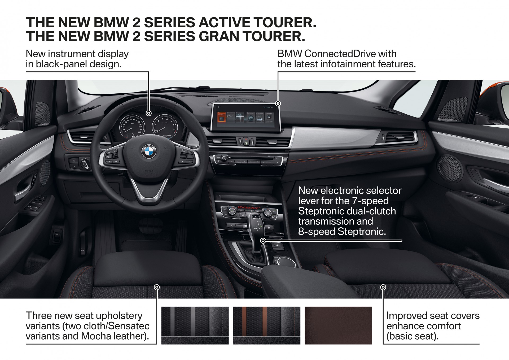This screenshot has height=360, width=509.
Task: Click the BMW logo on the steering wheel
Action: point(149,152)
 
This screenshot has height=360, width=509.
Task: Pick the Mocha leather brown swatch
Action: point(338,326)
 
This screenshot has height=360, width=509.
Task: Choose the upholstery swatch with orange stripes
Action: point(266,326)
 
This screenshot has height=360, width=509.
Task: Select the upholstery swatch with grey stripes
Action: point(195,326)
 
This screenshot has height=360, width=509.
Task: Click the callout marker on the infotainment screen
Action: point(278,103)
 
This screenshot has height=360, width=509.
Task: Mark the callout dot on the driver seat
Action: point(157,287)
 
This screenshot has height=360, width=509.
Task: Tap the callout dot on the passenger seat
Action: point(383,287)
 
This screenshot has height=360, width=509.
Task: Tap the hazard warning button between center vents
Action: point(246,139)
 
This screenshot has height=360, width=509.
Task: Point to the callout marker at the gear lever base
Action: point(263,241)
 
